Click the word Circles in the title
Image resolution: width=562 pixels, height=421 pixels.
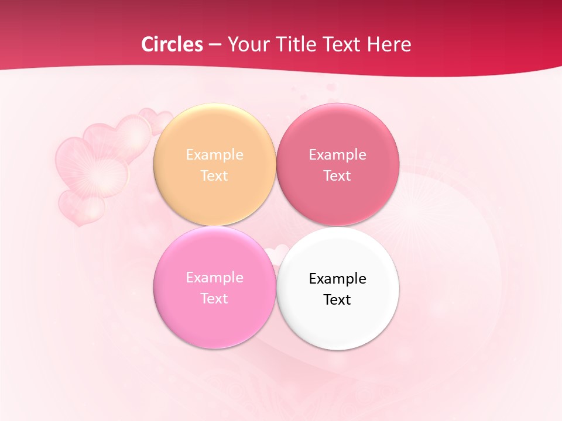tap(172, 44)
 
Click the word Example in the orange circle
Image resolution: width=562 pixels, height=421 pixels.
tap(214, 154)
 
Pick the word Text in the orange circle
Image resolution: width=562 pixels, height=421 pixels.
tap(214, 175)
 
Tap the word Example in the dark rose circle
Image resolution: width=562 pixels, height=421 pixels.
tap(337, 154)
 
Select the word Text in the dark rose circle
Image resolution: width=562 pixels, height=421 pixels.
tap(337, 175)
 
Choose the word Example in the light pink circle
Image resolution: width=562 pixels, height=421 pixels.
tap(214, 277)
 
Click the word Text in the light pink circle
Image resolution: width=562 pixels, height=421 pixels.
tap(214, 298)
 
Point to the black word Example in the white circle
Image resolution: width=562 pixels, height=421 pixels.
tap(337, 278)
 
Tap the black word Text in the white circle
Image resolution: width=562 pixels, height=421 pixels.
tap(337, 299)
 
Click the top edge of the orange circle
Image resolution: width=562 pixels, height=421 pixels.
tap(214, 104)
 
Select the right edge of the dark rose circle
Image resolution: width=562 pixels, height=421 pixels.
tap(399, 164)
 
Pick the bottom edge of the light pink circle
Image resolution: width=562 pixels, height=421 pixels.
tap(214, 348)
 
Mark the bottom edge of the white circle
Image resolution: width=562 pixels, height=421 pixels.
tap(337, 350)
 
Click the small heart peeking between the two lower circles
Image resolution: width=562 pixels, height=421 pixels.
tap(276, 253)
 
